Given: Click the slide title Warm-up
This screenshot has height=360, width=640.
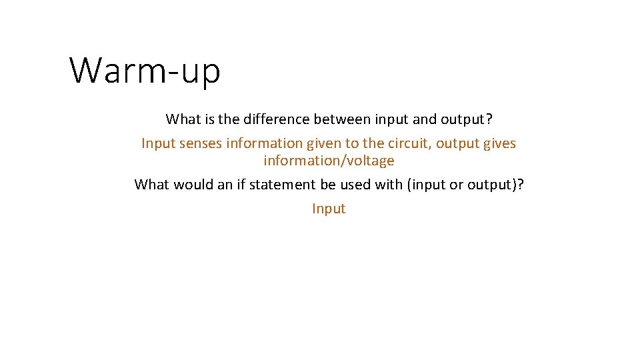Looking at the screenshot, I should click(x=145, y=70).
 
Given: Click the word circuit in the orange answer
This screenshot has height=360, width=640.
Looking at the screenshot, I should click(x=409, y=143).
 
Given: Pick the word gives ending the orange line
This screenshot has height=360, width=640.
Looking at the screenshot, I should click(x=499, y=143).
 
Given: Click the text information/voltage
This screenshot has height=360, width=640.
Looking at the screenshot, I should click(x=329, y=161).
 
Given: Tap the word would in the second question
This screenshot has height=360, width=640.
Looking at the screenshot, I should click(x=193, y=185).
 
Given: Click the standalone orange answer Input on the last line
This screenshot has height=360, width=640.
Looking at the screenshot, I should click(x=329, y=209).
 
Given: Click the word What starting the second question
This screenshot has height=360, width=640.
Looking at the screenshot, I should click(x=151, y=185).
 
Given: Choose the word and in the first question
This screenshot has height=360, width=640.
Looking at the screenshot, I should click(x=424, y=119).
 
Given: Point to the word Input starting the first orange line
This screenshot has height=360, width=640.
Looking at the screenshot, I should click(x=157, y=143).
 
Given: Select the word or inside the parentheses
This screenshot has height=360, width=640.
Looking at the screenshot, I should click(x=456, y=185).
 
